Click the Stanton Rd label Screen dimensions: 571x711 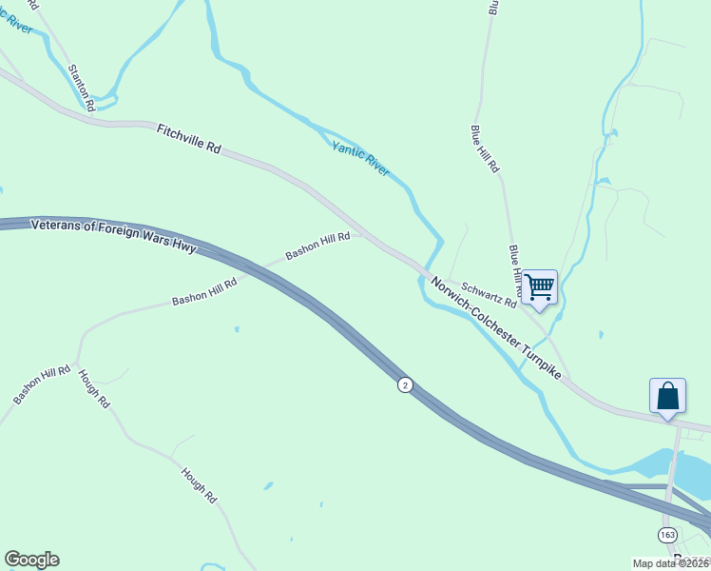[x=81, y=88]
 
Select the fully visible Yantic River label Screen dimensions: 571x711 [x=360, y=158]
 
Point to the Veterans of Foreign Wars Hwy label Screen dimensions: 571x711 [x=113, y=236]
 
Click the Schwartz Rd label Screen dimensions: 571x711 [x=489, y=294]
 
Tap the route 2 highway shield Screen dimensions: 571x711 [x=406, y=384]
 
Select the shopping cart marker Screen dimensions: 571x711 [x=539, y=286]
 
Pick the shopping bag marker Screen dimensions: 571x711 [x=667, y=395]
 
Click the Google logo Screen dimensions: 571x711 [x=32, y=560]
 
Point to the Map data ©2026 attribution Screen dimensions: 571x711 [x=671, y=563]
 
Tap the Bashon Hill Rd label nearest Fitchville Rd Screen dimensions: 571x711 [x=317, y=246]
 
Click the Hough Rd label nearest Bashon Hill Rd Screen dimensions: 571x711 [x=94, y=388]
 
